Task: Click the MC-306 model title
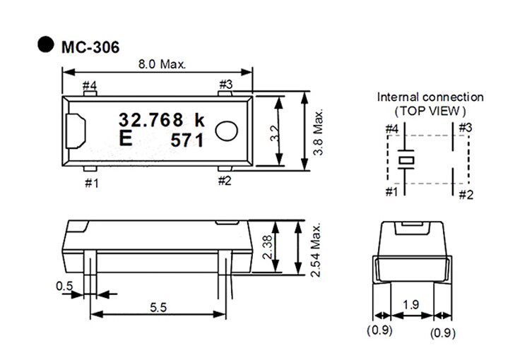(90, 47)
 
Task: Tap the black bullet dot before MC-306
(45, 44)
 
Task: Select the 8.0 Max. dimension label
(162, 64)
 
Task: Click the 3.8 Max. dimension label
(318, 132)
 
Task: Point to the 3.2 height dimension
(275, 133)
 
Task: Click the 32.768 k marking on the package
(162, 120)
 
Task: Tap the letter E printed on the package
(126, 138)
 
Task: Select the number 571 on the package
(187, 140)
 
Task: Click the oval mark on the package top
(226, 131)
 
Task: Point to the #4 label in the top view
(90, 85)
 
